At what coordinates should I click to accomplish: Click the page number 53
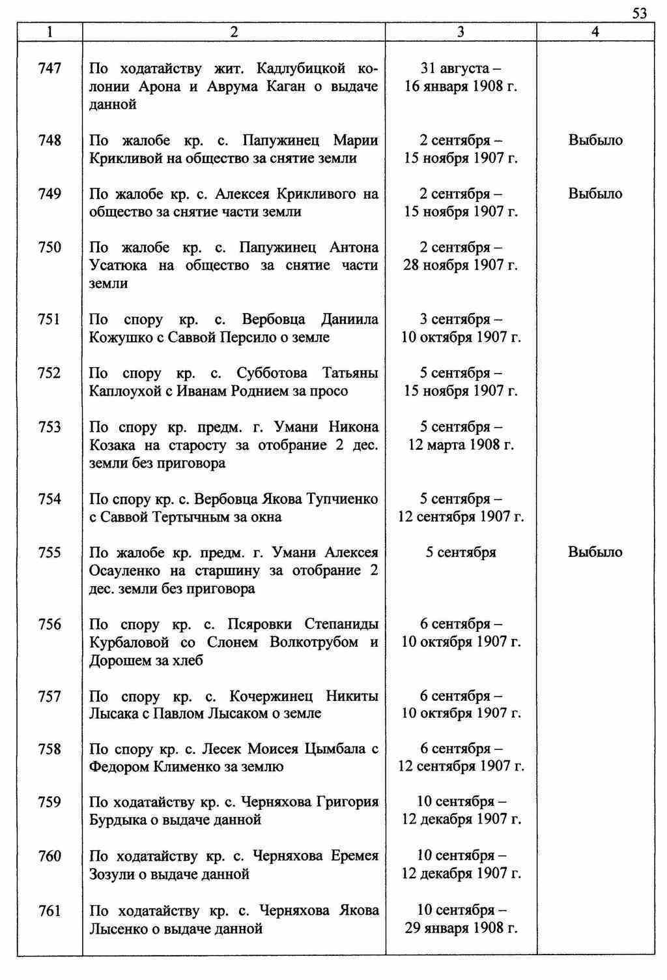point(639,14)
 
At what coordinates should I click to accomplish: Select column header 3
point(461,32)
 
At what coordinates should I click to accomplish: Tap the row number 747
point(50,68)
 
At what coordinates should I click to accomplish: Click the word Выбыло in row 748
point(595,140)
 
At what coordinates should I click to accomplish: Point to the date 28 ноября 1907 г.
point(461,265)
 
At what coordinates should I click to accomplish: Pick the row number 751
point(50,319)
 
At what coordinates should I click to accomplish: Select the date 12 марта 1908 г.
point(461,445)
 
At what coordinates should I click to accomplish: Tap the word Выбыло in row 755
point(595,552)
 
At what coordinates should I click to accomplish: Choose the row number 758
point(50,749)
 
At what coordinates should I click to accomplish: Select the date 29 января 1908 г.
point(461,928)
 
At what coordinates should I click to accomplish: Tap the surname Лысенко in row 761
point(117,928)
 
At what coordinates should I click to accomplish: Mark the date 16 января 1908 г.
point(461,87)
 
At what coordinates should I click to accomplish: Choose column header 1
point(50,32)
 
